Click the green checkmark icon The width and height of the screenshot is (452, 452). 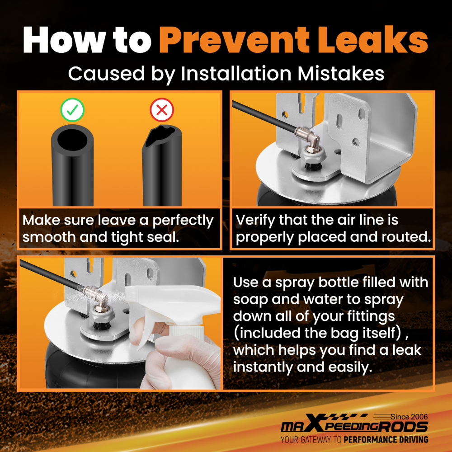[72, 109]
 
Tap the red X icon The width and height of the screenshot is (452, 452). [162, 109]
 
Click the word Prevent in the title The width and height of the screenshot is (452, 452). [234, 40]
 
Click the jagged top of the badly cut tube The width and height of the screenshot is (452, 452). [160, 135]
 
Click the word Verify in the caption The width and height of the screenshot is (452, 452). [255, 221]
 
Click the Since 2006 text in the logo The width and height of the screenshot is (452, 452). [409, 417]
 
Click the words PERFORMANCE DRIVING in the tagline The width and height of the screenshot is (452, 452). [386, 440]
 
